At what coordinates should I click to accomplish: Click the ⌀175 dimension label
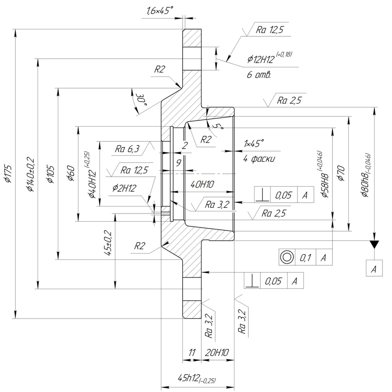click(9, 173)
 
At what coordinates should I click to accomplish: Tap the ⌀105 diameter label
click(51, 174)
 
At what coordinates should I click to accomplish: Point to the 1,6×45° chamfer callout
click(159, 11)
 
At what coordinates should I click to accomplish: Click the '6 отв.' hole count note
click(259, 75)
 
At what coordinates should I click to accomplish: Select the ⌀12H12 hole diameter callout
click(269, 58)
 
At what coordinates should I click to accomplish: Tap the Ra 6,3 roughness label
click(127, 149)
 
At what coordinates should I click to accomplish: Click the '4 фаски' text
click(259, 159)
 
